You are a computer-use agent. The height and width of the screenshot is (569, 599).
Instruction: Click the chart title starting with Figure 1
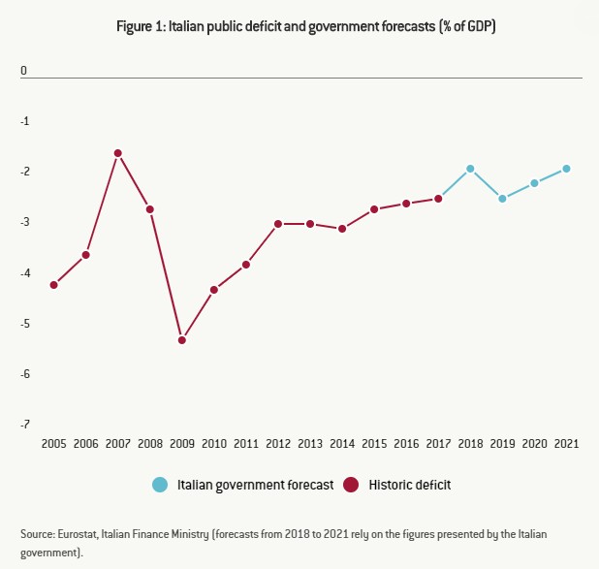[299, 29]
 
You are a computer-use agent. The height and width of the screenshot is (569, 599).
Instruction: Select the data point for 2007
[118, 153]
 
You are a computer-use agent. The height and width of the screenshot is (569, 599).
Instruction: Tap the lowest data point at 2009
[182, 340]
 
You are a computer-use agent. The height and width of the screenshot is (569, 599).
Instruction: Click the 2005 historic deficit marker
[54, 285]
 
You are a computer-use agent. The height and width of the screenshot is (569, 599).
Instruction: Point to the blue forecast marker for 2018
[470, 169]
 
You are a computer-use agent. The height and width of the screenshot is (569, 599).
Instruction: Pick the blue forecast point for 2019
[502, 199]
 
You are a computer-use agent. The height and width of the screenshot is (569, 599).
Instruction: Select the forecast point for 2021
[566, 169]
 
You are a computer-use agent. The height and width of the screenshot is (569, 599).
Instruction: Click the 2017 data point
[438, 199]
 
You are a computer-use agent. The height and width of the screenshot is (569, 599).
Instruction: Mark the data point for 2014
[342, 229]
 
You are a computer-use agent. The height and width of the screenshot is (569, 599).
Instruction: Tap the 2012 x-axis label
[278, 443]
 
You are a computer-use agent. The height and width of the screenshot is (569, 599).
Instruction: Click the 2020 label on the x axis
[534, 443]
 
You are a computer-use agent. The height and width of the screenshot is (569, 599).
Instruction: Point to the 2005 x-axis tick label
[54, 443]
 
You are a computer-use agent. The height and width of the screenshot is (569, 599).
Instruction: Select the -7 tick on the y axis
[25, 425]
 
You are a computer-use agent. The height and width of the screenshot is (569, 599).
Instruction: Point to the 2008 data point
[150, 209]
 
